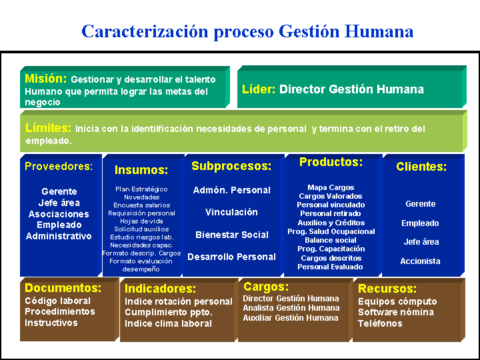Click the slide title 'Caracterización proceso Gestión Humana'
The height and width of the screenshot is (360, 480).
[x=247, y=31]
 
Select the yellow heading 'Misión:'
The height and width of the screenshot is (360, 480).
[x=45, y=79]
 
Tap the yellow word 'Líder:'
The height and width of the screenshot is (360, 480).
[x=259, y=89]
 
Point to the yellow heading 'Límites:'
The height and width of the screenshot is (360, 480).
[x=48, y=127]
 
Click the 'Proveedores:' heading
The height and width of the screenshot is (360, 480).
[x=59, y=167]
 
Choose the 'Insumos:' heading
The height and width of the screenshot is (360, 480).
[x=141, y=171]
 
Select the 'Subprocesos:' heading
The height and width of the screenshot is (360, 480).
[x=231, y=166]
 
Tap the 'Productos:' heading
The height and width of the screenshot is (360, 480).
[x=331, y=162]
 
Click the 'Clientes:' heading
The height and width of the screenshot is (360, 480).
[x=421, y=167]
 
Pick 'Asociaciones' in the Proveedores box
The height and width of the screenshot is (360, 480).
[x=59, y=214]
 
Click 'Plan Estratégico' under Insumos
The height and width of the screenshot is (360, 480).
[x=141, y=189]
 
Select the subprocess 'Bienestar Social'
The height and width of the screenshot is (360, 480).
[x=231, y=235]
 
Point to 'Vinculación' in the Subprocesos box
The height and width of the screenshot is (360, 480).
[x=231, y=212]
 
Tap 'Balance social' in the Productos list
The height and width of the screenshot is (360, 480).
[x=331, y=240]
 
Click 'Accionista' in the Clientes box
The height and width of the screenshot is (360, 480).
[x=420, y=261]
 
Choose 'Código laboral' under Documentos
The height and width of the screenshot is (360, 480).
[x=57, y=301]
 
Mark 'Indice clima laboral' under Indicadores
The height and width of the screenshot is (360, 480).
[x=168, y=323]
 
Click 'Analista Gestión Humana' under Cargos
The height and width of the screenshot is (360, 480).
[x=291, y=308]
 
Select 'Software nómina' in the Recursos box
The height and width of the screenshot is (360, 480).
[x=395, y=312]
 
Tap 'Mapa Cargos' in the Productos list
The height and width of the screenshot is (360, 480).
[x=331, y=187]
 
